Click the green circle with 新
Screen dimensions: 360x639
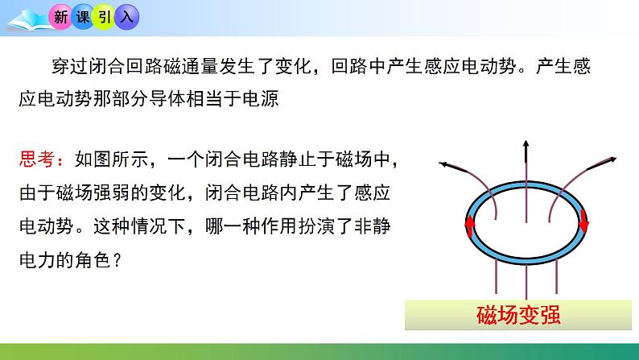pyautogui.click(x=60, y=15)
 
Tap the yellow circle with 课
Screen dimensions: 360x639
pyautogui.click(x=84, y=15)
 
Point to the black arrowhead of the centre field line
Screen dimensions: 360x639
pyautogui.click(x=526, y=147)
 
